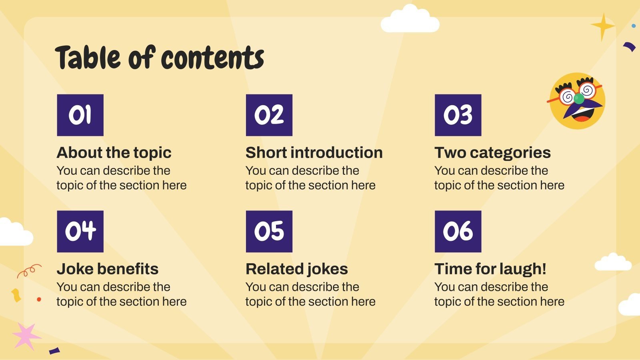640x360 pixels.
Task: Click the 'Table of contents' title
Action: [x=159, y=58]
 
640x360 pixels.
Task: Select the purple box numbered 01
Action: [x=80, y=115]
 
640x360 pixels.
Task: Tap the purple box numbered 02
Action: [x=269, y=115]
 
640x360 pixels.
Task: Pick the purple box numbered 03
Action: [x=458, y=115]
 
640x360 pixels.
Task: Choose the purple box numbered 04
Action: [x=80, y=231]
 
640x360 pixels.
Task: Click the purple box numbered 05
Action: [x=269, y=231]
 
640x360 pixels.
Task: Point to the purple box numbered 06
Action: [x=458, y=231]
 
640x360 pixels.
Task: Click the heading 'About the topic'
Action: [x=114, y=152]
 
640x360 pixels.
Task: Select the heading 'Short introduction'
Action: [x=314, y=152]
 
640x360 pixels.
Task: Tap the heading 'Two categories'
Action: [x=492, y=152]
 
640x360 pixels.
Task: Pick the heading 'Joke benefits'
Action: [x=108, y=269]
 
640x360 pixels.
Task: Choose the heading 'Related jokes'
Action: [x=296, y=269]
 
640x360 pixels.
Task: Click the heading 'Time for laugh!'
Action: [x=490, y=269]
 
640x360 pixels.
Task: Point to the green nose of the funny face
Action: [x=578, y=98]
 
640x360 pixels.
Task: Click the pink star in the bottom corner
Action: [x=26, y=335]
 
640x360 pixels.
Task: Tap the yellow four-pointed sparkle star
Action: [x=602, y=26]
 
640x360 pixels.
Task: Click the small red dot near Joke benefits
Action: [x=39, y=299]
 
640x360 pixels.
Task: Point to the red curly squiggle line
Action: [x=29, y=270]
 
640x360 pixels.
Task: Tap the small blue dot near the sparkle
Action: [x=634, y=26]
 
